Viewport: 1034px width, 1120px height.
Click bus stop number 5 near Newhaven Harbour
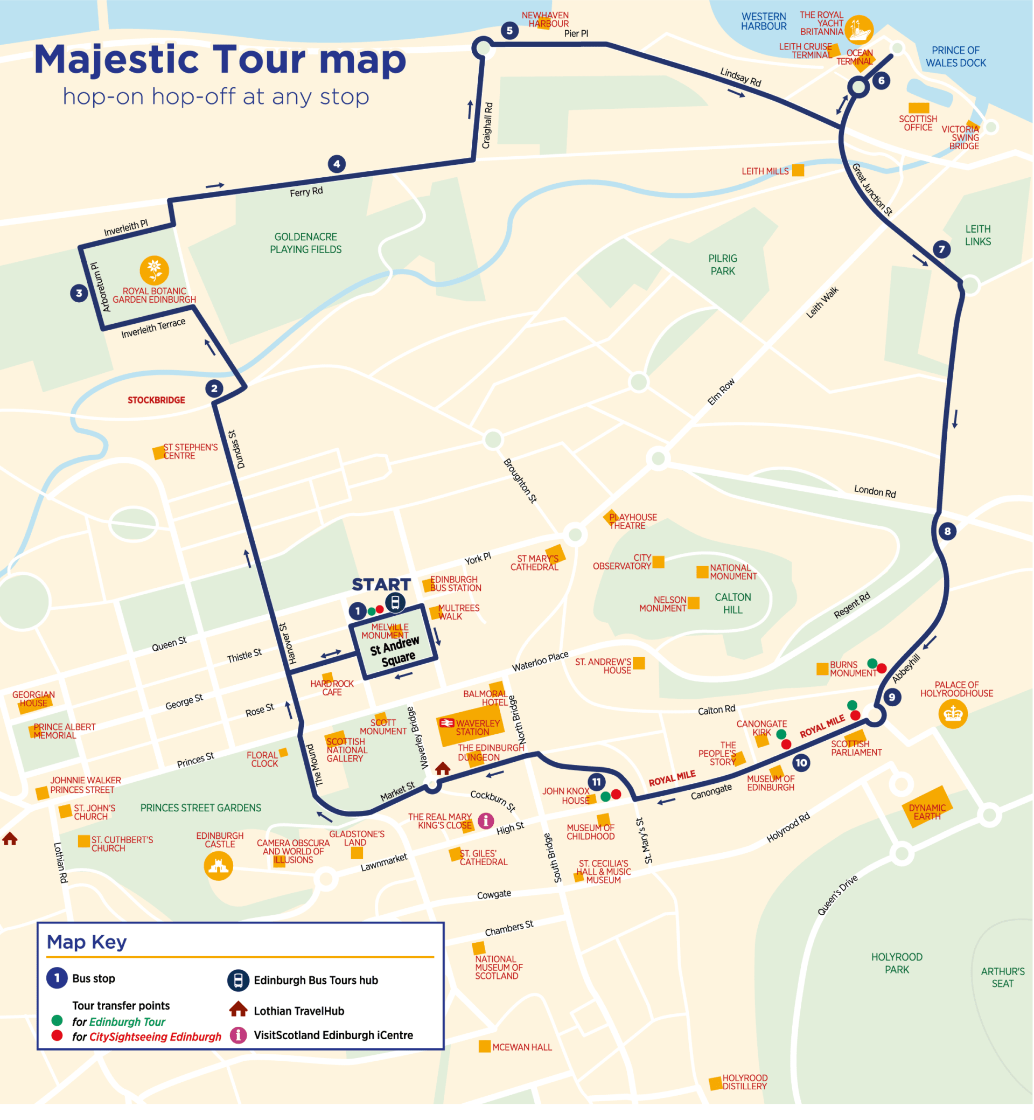(x=509, y=30)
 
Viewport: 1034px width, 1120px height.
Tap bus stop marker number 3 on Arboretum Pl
(x=79, y=293)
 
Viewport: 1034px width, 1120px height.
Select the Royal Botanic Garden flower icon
(x=155, y=270)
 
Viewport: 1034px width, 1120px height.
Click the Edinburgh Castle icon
(x=218, y=866)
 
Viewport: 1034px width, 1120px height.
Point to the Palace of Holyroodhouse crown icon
(x=953, y=714)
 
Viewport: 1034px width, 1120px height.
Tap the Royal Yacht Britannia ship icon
(x=858, y=30)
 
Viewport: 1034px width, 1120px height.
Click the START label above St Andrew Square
(x=381, y=585)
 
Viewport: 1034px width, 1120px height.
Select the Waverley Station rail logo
(x=446, y=723)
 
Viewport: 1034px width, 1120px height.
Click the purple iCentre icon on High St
(x=486, y=820)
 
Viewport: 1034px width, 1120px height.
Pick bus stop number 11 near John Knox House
(x=597, y=782)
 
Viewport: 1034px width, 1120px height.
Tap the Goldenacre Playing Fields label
(x=305, y=243)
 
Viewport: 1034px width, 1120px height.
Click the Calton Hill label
(x=732, y=603)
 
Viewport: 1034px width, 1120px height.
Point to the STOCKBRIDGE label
(x=156, y=400)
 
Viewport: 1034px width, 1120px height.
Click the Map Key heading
(x=87, y=942)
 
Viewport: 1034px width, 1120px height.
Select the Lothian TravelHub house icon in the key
(x=239, y=1009)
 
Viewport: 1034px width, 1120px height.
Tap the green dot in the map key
(x=57, y=1020)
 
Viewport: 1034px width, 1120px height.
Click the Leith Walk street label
(x=822, y=302)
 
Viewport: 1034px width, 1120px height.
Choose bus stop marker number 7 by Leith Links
(x=942, y=249)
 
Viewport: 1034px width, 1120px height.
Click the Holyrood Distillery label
(x=744, y=1082)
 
